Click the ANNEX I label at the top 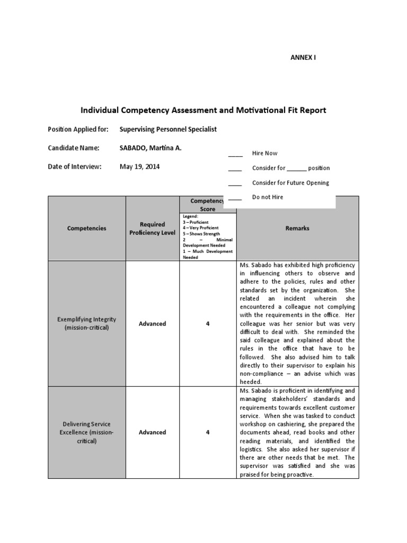(303, 58)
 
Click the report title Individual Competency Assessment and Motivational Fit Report (203, 110)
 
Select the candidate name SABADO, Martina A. (151, 148)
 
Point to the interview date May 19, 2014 (139, 167)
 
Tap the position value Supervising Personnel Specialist (168, 129)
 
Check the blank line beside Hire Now (235, 155)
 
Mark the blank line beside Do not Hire (235, 199)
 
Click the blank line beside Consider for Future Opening (235, 185)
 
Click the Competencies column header (87, 229)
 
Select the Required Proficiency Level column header (152, 229)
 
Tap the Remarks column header (297, 229)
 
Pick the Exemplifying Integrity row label (87, 323)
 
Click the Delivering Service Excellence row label (87, 432)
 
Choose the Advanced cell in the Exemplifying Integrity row (152, 323)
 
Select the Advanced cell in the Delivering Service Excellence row (152, 432)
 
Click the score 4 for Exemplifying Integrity (208, 323)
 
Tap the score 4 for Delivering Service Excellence (208, 432)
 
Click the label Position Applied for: (78, 129)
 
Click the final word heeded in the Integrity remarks (251, 382)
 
